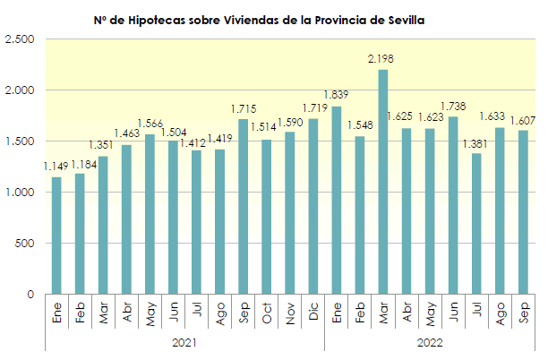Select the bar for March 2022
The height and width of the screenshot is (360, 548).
[382, 182]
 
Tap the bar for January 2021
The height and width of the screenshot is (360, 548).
[56, 236]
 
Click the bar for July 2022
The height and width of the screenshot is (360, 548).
[475, 224]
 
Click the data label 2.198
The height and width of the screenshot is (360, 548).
[381, 59]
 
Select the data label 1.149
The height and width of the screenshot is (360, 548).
[56, 167]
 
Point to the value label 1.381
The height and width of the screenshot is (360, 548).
[475, 143]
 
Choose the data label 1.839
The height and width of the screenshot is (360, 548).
[337, 96]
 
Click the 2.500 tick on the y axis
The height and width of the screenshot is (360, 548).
[19, 39]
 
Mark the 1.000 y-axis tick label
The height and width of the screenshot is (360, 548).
[19, 193]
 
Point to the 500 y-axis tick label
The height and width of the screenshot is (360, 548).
[24, 244]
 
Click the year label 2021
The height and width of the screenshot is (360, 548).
[184, 341]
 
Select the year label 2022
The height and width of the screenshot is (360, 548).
[430, 341]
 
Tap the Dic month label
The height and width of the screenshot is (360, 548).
[313, 314]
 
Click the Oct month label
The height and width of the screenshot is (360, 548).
[267, 314]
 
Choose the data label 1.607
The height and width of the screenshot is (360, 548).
[523, 120]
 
